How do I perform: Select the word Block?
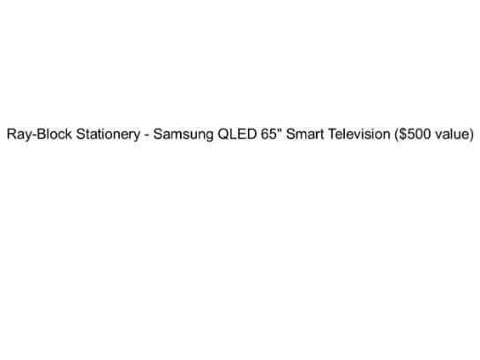pyautogui.click(x=54, y=134)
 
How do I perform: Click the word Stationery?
pyautogui.click(x=108, y=135)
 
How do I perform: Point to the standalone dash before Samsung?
pyautogui.click(x=147, y=136)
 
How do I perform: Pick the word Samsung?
pyautogui.click(x=183, y=135)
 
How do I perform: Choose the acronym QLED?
pyautogui.click(x=237, y=134)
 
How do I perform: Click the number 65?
pyautogui.click(x=268, y=134)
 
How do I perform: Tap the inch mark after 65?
pyautogui.click(x=279, y=130)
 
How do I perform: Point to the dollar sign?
pyautogui.click(x=402, y=134)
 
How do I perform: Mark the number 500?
pyautogui.click(x=418, y=134)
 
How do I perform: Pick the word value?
pyautogui.click(x=452, y=134)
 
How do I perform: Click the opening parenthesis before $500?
pyautogui.click(x=397, y=135)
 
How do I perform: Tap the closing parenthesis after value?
pyautogui.click(x=472, y=135)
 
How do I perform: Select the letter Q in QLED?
pyautogui.click(x=223, y=134)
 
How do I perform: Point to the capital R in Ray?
pyautogui.click(x=12, y=134)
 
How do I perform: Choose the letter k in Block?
pyautogui.click(x=69, y=134)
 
